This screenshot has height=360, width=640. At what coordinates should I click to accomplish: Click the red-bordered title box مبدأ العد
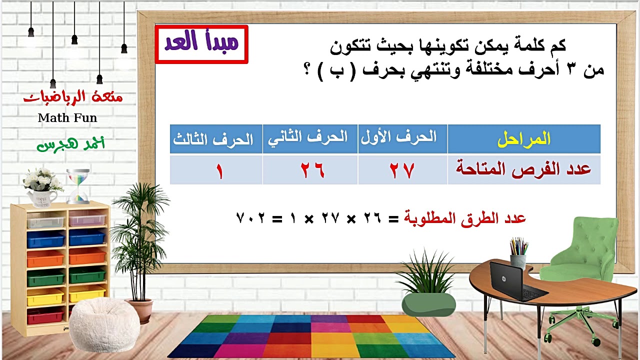click(201, 44)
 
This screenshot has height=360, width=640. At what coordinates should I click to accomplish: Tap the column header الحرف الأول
click(402, 138)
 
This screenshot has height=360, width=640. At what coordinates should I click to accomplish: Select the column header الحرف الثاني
click(309, 138)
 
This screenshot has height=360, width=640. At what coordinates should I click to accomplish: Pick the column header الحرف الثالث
click(213, 139)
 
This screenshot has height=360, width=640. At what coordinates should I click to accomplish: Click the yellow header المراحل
click(523, 139)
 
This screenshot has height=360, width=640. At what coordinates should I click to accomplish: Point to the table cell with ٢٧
click(402, 170)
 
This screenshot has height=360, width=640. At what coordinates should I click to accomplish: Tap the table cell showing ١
click(219, 171)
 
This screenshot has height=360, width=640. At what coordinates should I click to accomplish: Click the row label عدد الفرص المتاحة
click(523, 169)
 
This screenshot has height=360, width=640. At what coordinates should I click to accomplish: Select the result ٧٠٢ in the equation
click(250, 218)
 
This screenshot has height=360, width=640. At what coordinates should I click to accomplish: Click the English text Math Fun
click(67, 118)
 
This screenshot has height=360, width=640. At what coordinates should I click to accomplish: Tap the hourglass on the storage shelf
click(78, 186)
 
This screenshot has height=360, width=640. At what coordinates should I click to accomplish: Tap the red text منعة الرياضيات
click(73, 97)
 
